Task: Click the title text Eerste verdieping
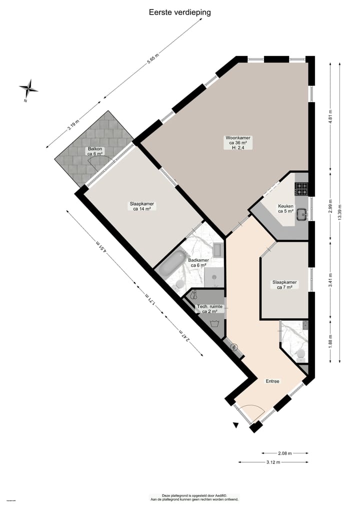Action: [x=179, y=12]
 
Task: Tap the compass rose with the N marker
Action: [x=28, y=89]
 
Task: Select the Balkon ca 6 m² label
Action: [x=95, y=151]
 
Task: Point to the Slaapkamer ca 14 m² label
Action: [x=142, y=206]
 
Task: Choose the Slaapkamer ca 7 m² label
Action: [x=284, y=285]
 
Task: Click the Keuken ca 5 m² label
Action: [x=286, y=208]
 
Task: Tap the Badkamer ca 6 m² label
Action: [x=198, y=263]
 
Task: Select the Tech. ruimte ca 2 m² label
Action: [x=209, y=309]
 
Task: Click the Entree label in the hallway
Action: [x=272, y=381]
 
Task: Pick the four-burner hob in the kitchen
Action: [x=301, y=189]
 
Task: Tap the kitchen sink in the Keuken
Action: [x=301, y=214]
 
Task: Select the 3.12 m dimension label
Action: [x=273, y=462]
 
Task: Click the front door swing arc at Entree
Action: [x=252, y=412]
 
